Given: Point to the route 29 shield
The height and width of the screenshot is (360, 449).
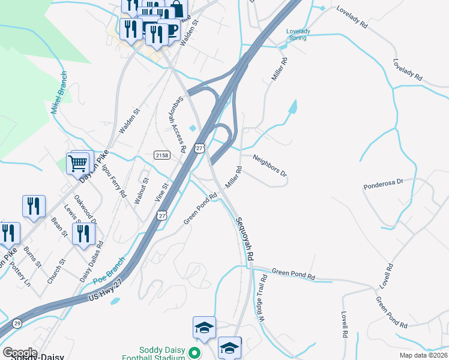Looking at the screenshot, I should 17,323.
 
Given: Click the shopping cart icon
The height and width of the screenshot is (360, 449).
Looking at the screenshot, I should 78,163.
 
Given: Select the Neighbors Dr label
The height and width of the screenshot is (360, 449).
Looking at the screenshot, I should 270,166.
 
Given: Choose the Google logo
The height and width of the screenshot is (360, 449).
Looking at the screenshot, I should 20,353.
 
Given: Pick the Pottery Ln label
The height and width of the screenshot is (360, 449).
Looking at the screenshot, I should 20,272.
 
